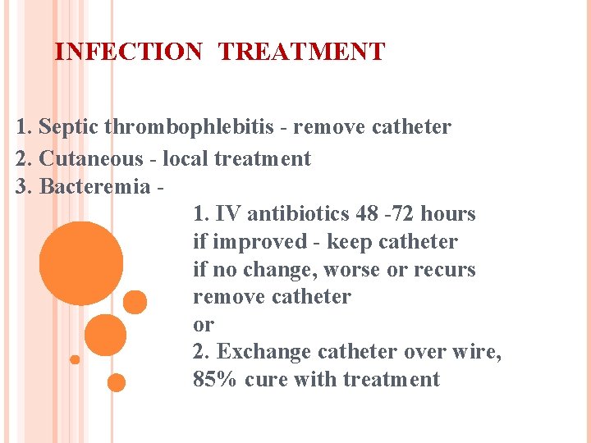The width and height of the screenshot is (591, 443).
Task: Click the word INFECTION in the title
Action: (127, 53)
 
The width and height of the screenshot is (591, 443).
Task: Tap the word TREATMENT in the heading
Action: (301, 53)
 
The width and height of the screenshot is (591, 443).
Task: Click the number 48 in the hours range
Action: (367, 214)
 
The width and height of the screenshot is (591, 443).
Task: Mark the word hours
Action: (447, 214)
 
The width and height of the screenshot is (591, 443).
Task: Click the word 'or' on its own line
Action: (203, 325)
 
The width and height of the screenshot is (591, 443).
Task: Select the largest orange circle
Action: (81, 264)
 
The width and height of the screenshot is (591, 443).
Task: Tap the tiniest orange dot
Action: (75, 359)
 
